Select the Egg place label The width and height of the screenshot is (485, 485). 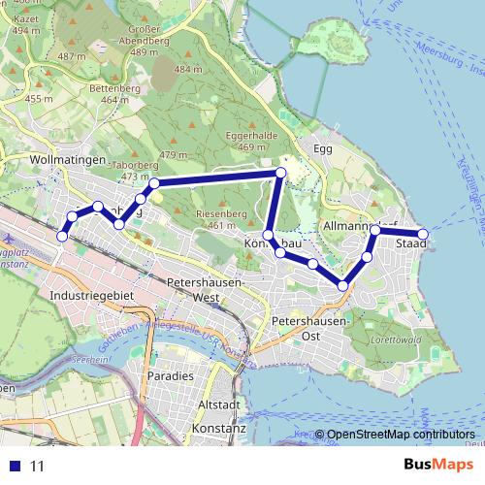tap(323, 148)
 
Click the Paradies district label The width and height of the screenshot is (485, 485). tap(171, 375)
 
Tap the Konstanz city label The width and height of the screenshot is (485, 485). tap(220, 427)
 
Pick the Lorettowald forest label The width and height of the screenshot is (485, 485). tap(393, 340)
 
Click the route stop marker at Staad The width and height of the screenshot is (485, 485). tap(423, 234)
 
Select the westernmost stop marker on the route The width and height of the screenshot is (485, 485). tap(63, 236)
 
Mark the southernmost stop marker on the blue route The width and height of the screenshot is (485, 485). tap(343, 285)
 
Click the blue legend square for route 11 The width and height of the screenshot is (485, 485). tap(15, 466)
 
